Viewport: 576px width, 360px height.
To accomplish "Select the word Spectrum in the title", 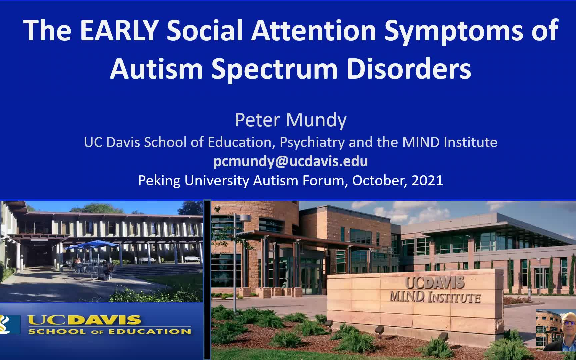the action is [275, 69].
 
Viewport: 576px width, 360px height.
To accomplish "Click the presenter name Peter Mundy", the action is [291, 120].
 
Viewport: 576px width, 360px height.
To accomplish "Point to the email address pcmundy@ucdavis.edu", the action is [291, 161].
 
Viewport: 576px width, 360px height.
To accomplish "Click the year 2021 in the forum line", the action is [427, 180].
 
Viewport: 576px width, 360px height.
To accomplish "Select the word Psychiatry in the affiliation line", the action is [312, 142].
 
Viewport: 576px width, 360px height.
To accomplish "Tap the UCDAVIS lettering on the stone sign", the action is [435, 283].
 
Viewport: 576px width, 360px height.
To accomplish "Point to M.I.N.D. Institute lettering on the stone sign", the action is [435, 297].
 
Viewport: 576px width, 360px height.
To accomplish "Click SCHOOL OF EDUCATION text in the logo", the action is [110, 331].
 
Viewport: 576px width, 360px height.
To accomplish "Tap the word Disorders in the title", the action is [409, 69].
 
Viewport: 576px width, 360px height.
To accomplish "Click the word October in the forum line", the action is [379, 181].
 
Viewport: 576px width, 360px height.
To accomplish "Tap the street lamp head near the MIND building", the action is [246, 218].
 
